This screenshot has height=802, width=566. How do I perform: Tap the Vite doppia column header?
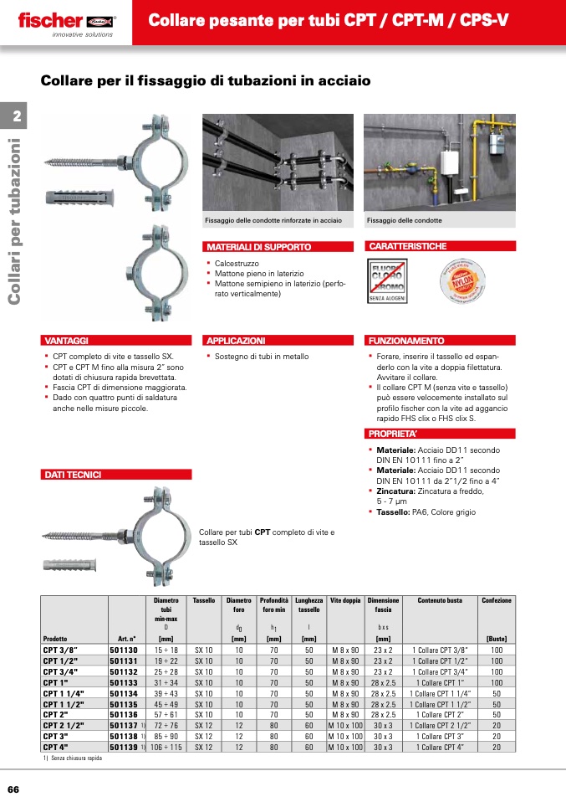point(345,600)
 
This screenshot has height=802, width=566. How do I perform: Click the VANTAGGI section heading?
point(66,341)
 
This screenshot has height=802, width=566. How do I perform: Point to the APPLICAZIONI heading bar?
point(236,341)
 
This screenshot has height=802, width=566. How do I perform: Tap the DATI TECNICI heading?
point(73,475)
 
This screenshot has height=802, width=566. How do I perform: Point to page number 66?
point(13,789)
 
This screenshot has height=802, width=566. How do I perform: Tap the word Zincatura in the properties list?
point(398,491)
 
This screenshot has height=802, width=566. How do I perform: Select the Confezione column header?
point(497,600)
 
